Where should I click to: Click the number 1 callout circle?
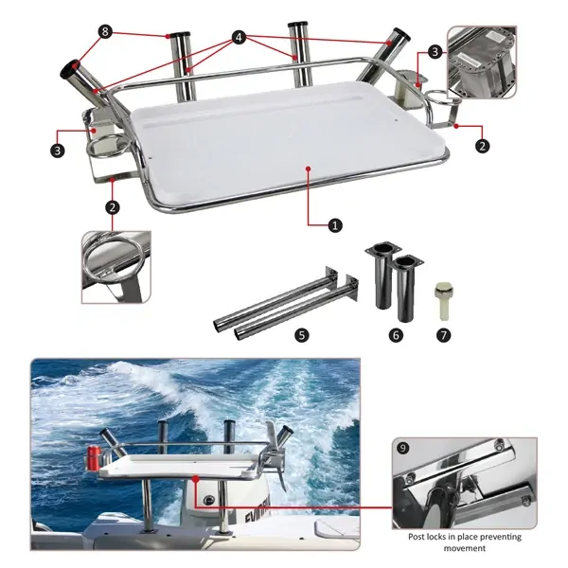(x=335, y=225)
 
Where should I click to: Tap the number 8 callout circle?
(x=105, y=31)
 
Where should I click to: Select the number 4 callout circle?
(x=239, y=37)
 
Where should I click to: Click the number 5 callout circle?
(x=302, y=335)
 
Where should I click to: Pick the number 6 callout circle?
(x=396, y=335)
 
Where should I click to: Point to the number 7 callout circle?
(x=444, y=335)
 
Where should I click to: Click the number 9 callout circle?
(x=403, y=448)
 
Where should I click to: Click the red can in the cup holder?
(x=94, y=458)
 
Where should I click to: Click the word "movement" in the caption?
(x=465, y=548)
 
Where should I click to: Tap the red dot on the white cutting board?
(x=309, y=169)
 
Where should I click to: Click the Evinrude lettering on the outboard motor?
(x=257, y=512)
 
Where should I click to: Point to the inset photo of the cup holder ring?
(x=116, y=267)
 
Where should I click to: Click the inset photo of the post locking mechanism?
(x=465, y=483)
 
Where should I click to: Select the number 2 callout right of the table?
(x=482, y=146)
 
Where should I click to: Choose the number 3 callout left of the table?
(x=58, y=151)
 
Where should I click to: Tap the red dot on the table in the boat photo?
(x=196, y=479)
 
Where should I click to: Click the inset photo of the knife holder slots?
(x=482, y=62)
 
